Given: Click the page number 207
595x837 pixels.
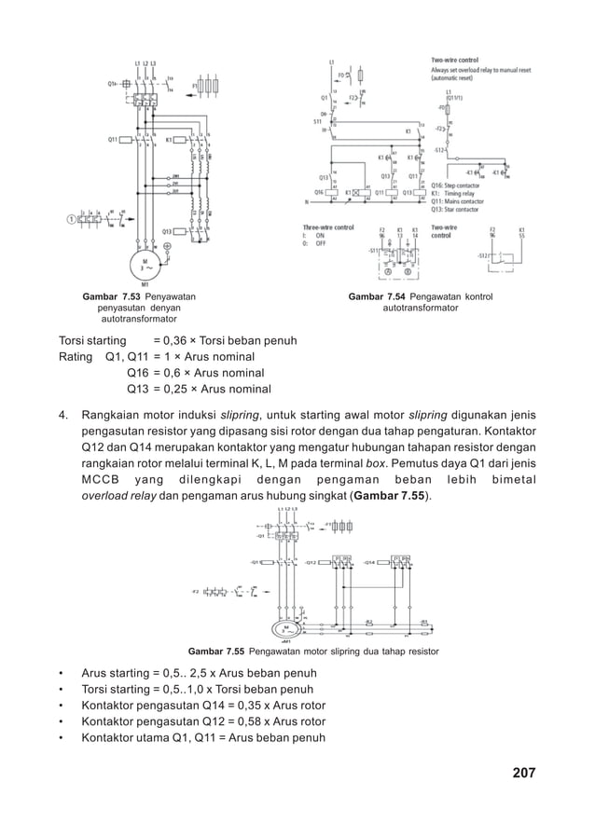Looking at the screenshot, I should pos(523,774).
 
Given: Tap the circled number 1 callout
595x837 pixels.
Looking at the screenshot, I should pos(72,220).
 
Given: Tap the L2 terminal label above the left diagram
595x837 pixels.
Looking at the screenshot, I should pos(145,63).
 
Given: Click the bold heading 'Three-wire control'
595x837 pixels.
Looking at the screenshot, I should pos(328,226).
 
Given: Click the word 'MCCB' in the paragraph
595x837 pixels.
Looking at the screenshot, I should pos(100,480).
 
